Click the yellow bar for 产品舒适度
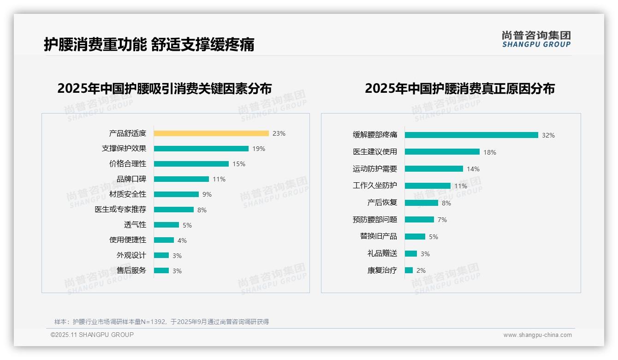pyautogui.click(x=211, y=133)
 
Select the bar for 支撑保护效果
pyautogui.click(x=201, y=149)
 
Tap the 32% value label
pyautogui.click(x=548, y=135)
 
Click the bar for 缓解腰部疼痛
pyautogui.click(x=471, y=135)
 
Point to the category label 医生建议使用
pyautogui.click(x=374, y=152)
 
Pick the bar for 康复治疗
pyautogui.click(x=409, y=270)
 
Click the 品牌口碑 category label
pyautogui.click(x=131, y=179)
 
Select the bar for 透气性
pyautogui.click(x=166, y=225)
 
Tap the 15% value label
pyautogui.click(x=238, y=164)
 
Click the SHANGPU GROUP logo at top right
pyautogui.click(x=536, y=39)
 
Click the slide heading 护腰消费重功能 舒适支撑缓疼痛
pyautogui.click(x=149, y=45)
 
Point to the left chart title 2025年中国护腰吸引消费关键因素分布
pyautogui.click(x=164, y=88)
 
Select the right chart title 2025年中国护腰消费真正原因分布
pyautogui.click(x=459, y=88)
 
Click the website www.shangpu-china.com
pyautogui.click(x=537, y=335)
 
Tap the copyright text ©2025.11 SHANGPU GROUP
pyautogui.click(x=92, y=335)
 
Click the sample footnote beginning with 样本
pyautogui.click(x=161, y=322)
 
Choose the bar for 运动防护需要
pyautogui.click(x=434, y=169)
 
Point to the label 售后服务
pyautogui.click(x=131, y=270)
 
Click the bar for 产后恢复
pyautogui.click(x=421, y=203)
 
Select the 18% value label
pyautogui.click(x=489, y=152)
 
